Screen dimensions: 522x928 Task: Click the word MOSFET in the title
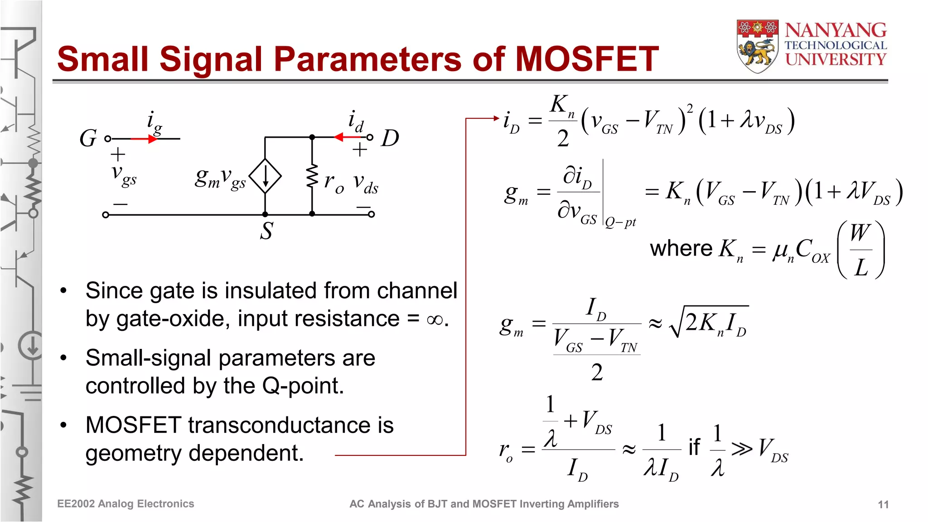pyautogui.click(x=587, y=59)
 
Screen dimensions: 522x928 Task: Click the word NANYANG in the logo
pyautogui.click(x=836, y=30)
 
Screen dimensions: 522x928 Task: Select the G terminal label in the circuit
pyautogui.click(x=88, y=138)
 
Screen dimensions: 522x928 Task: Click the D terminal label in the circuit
pyautogui.click(x=390, y=138)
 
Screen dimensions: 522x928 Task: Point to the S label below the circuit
pyautogui.click(x=266, y=231)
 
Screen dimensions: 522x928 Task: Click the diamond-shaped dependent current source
pyautogui.click(x=266, y=176)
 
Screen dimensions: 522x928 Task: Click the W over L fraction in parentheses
pyautogui.click(x=860, y=250)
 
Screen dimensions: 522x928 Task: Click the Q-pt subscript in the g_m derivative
pyautogui.click(x=621, y=222)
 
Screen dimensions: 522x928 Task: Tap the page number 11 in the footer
pyautogui.click(x=883, y=504)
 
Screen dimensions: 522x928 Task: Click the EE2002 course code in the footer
pyautogui.click(x=76, y=504)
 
